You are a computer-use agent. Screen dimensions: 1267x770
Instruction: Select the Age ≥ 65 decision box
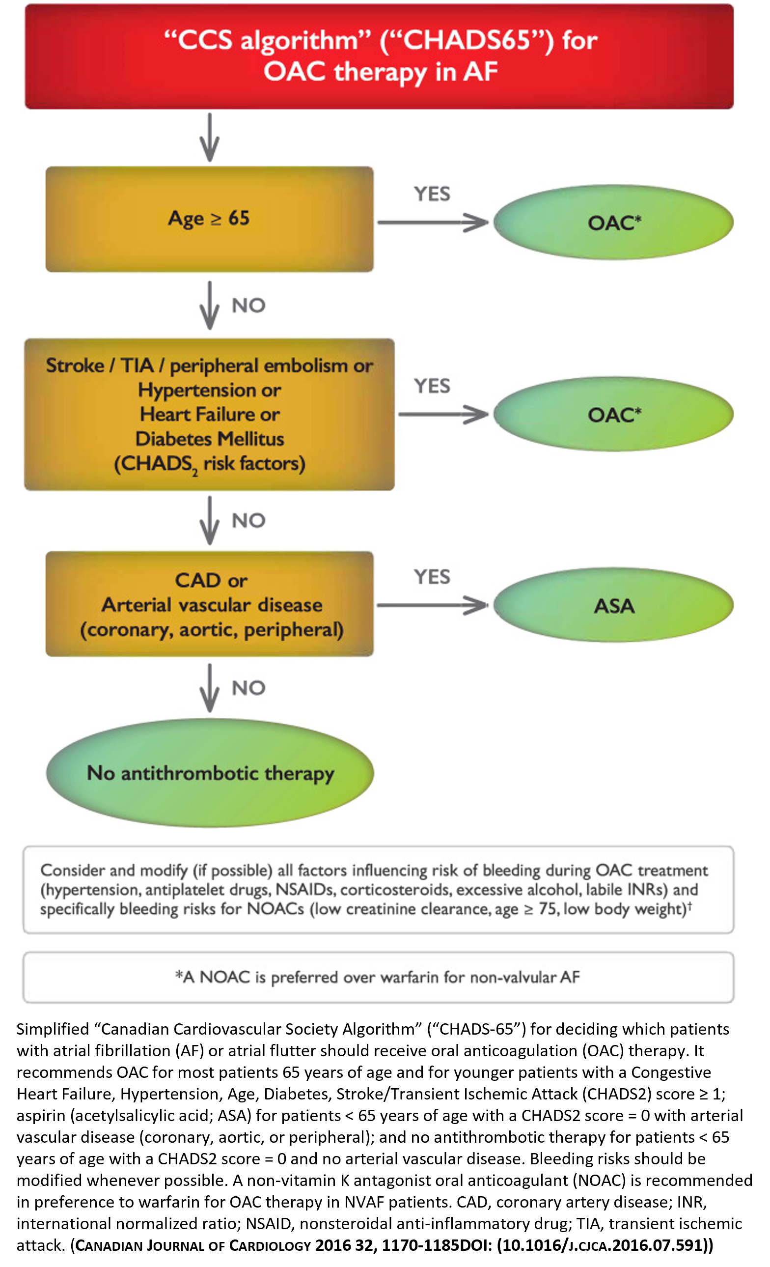point(209,219)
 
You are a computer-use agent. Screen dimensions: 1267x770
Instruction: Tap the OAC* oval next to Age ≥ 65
point(613,223)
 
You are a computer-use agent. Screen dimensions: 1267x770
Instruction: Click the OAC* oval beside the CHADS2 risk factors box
point(613,415)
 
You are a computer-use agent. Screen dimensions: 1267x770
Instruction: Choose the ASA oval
point(613,606)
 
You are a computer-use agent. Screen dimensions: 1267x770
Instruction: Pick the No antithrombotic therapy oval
point(210,773)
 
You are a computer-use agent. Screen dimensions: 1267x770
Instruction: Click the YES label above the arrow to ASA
point(432,577)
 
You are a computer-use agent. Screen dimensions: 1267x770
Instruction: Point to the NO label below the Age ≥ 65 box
point(248,306)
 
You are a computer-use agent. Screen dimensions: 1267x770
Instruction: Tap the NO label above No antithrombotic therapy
point(248,688)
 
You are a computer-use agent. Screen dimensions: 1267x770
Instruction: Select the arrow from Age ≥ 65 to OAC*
point(432,222)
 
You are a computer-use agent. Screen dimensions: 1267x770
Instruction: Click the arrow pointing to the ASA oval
point(432,605)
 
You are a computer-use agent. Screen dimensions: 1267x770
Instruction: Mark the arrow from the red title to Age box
point(209,138)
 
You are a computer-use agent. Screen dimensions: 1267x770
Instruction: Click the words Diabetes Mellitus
point(209,439)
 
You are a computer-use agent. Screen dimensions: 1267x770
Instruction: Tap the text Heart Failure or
point(209,415)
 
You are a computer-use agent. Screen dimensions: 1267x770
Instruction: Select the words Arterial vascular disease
point(211,605)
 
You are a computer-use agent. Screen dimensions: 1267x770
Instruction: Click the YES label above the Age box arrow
point(432,194)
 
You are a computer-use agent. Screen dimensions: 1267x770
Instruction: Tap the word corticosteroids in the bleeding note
point(395,890)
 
